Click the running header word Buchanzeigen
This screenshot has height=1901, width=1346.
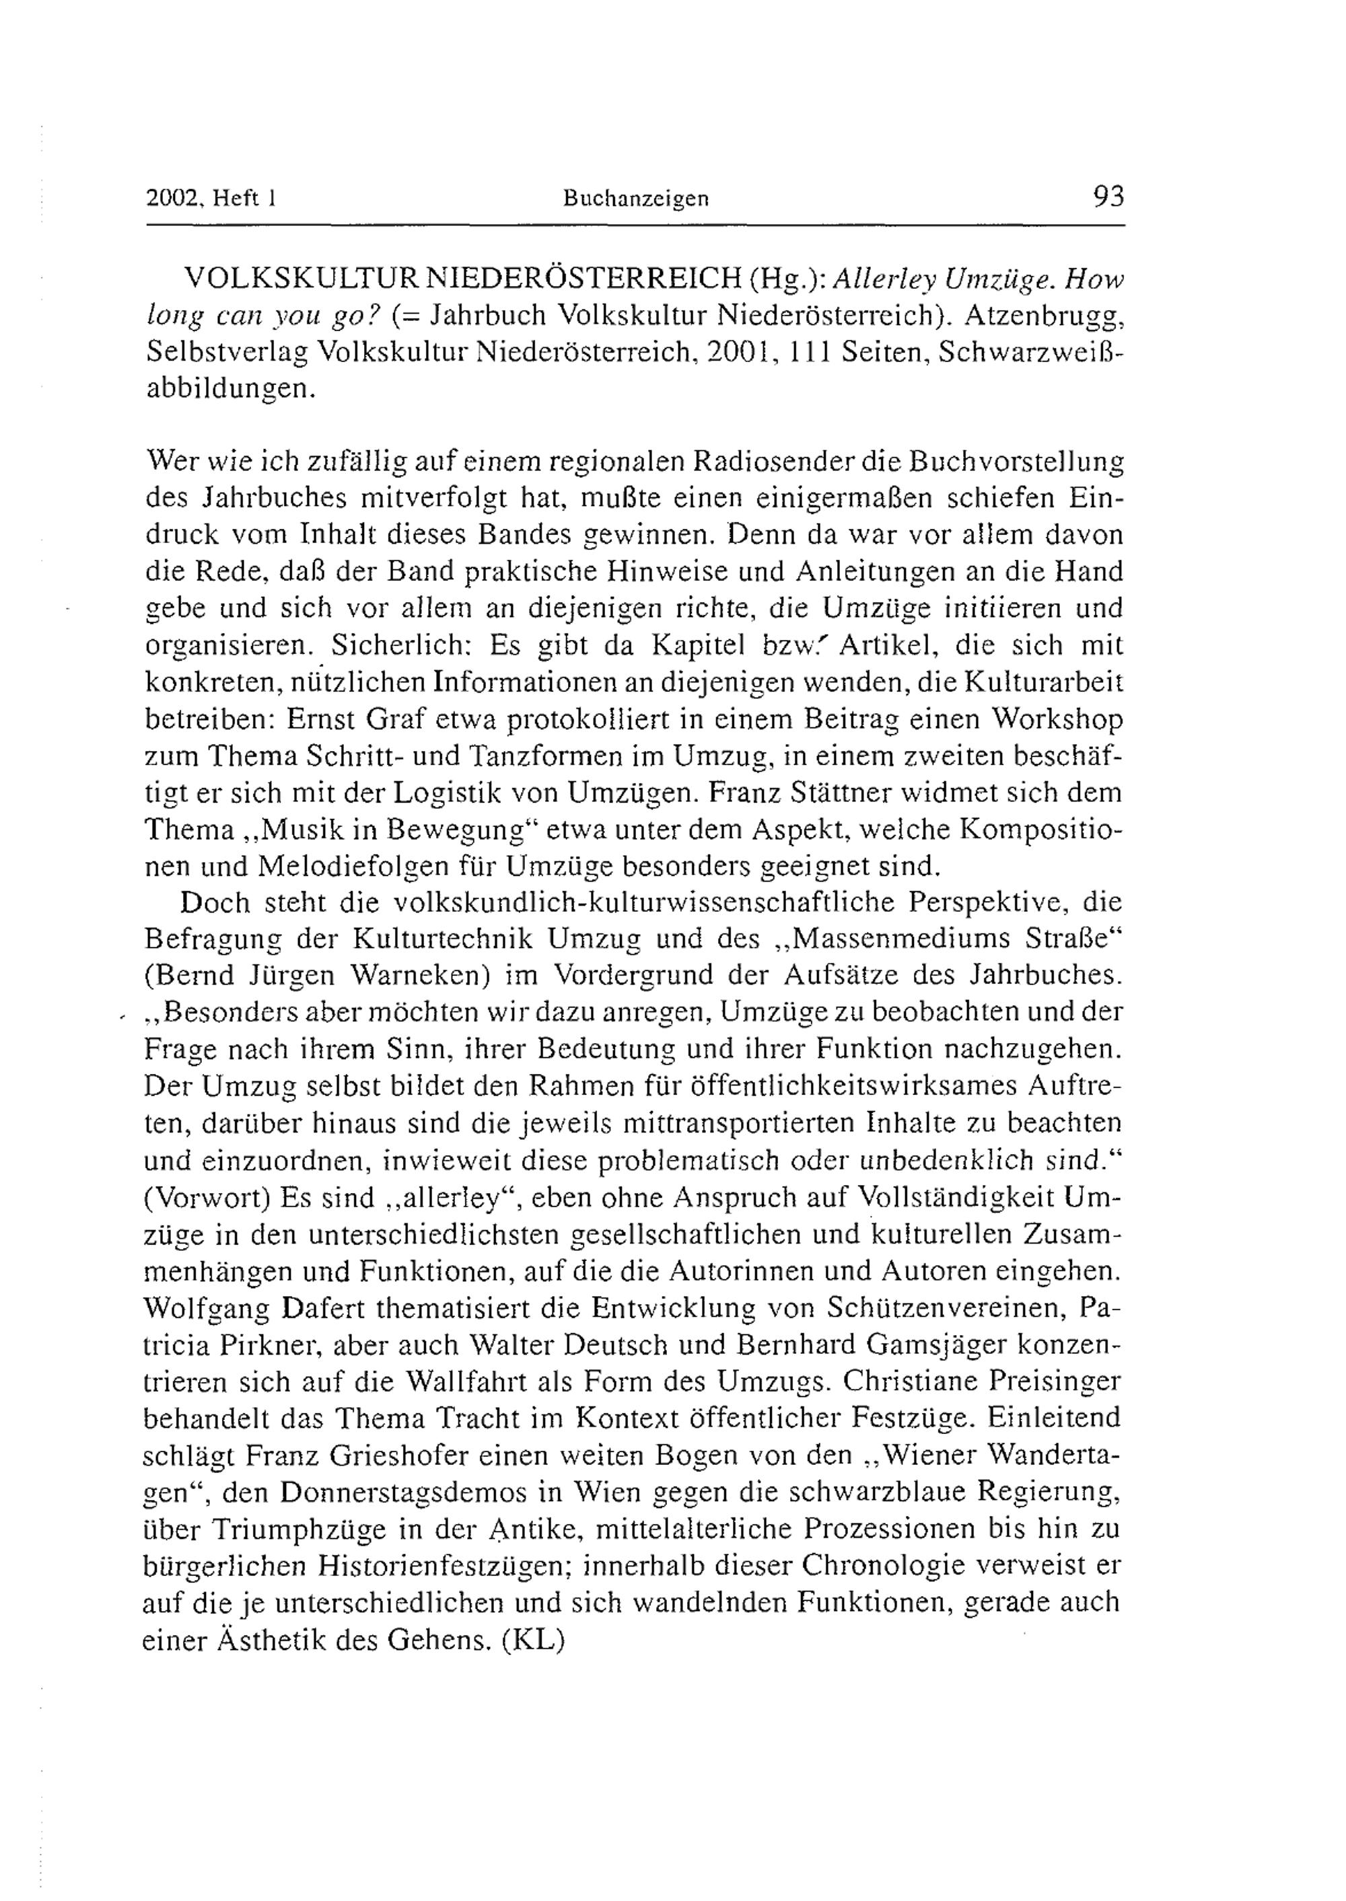636,199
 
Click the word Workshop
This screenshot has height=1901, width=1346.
1057,719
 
